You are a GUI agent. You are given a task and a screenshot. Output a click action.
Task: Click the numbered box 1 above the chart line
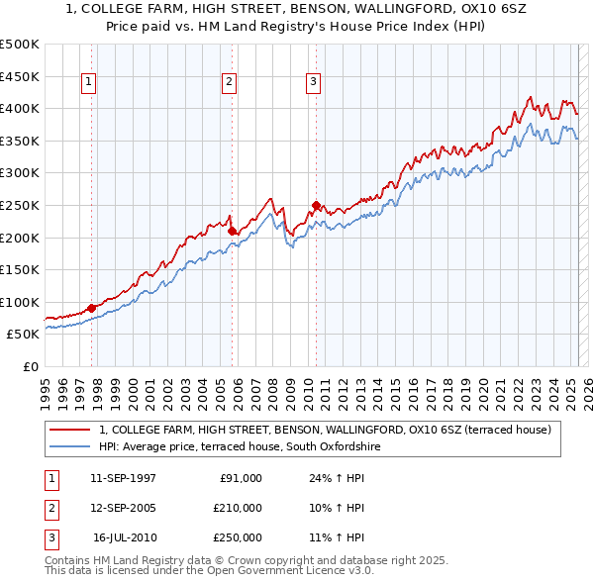click(89, 83)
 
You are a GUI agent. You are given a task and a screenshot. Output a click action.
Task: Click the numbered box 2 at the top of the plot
click(229, 83)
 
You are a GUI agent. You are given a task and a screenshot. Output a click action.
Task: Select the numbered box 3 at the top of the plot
click(313, 83)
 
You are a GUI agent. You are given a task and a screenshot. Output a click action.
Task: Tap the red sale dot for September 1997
click(92, 308)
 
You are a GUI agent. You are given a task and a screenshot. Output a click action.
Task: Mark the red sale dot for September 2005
click(233, 231)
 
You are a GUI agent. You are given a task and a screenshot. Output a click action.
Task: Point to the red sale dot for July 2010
click(317, 206)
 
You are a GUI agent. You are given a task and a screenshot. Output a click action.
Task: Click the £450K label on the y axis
click(20, 76)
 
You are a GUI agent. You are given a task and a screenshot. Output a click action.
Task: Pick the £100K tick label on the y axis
click(20, 302)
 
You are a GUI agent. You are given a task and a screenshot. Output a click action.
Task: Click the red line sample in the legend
click(70, 430)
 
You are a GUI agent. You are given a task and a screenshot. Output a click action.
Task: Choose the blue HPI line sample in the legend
click(70, 446)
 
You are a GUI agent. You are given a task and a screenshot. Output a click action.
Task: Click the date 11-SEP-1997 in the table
click(123, 478)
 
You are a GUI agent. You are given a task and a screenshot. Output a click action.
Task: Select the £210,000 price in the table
click(238, 508)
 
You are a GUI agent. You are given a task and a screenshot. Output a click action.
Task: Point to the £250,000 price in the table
click(238, 537)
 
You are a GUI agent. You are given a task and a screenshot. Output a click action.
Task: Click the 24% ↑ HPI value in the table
click(337, 478)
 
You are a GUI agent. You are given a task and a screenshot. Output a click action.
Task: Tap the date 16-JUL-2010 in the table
click(124, 537)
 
